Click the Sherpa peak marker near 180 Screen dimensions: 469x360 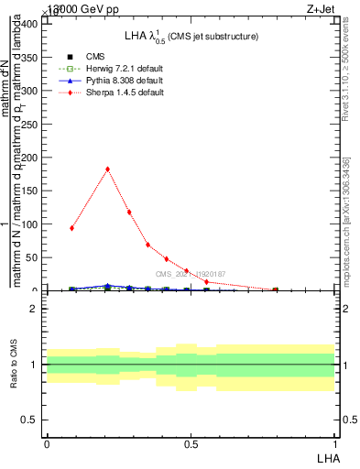click(x=108, y=169)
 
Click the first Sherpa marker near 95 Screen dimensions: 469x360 click(x=71, y=228)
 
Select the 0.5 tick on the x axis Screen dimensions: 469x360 click(x=191, y=443)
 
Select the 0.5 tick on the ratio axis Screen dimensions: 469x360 click(x=33, y=420)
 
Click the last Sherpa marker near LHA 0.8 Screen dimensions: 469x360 click(x=275, y=289)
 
